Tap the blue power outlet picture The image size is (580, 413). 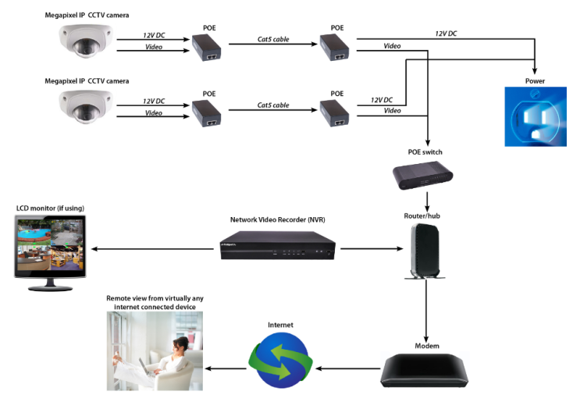click(x=535, y=116)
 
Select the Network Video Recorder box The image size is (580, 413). click(x=277, y=247)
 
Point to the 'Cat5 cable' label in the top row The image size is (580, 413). click(x=273, y=39)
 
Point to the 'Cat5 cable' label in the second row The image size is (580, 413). click(x=273, y=105)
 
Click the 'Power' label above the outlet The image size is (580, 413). click(x=535, y=80)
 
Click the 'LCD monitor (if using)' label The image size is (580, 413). click(x=50, y=208)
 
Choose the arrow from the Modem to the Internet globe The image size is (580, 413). click(x=348, y=368)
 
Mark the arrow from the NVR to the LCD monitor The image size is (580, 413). click(x=152, y=249)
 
